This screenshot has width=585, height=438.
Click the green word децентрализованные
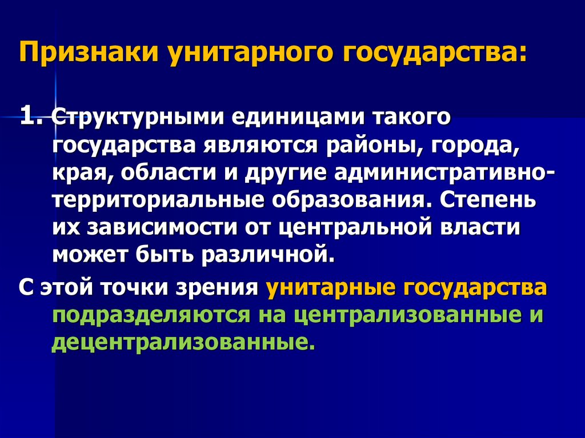183,342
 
